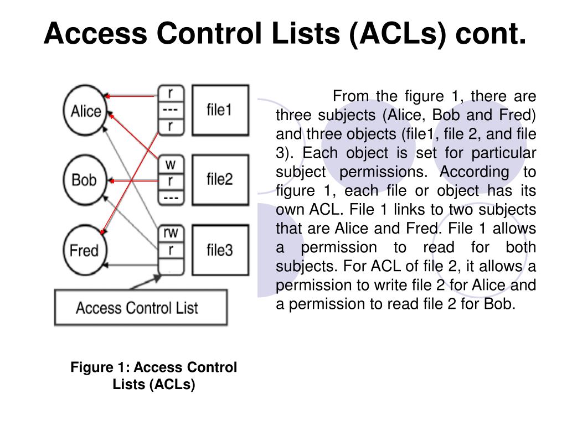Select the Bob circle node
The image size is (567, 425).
84,179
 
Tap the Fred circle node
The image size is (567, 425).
84,250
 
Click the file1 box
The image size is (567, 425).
219,110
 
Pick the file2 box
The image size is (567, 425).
219,179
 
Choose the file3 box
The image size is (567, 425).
219,250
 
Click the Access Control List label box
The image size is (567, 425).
141,308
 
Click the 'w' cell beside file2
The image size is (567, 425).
171,164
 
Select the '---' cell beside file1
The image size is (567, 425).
171,110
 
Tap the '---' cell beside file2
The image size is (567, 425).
171,196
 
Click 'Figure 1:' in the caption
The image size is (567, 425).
100,367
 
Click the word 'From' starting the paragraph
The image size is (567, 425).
350,96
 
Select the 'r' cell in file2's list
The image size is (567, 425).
171,180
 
